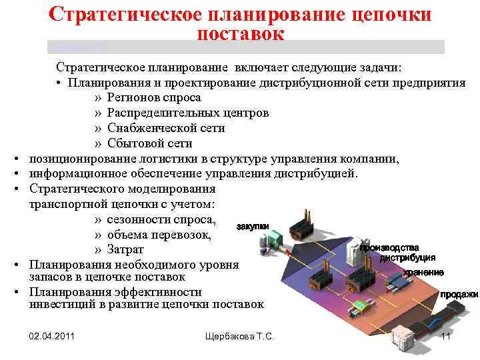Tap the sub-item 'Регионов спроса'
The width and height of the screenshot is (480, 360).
coord(154,97)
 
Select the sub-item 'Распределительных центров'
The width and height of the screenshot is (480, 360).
coord(188,113)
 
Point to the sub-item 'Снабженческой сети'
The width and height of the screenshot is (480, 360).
coord(166,128)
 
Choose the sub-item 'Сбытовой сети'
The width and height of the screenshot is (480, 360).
coord(149,143)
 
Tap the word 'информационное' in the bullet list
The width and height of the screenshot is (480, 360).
coord(75,174)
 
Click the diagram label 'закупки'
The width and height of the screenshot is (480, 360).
coord(253,227)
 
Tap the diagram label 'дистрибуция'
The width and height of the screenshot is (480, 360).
coord(407,258)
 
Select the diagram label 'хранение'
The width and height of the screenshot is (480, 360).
coord(423,273)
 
